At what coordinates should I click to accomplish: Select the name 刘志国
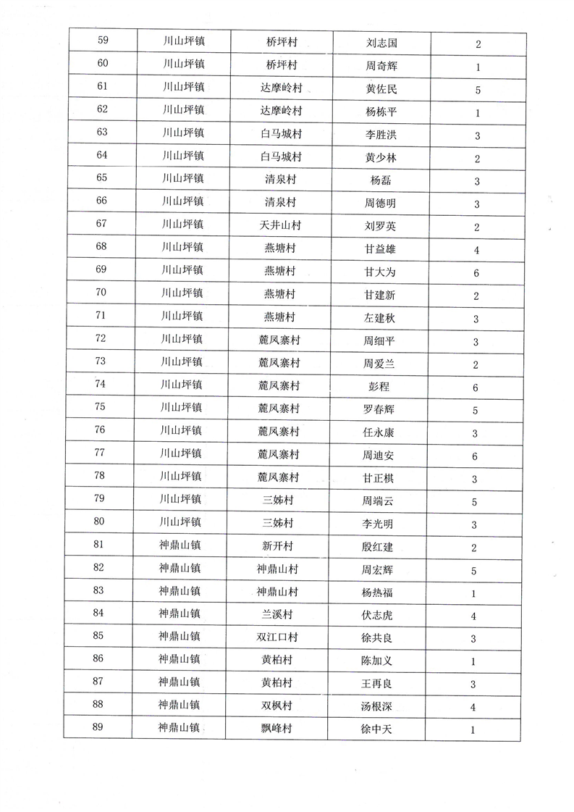coord(381,43)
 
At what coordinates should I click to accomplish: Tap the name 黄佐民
coord(381,89)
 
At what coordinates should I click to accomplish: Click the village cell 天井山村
coord(279,225)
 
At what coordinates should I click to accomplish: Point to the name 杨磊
coord(381,180)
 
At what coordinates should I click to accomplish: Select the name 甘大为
coord(381,271)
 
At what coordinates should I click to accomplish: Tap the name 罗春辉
coord(381,410)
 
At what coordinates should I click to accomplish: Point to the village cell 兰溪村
coord(276,614)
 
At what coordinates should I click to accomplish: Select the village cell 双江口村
coord(276,637)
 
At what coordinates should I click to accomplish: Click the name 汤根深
coord(377,706)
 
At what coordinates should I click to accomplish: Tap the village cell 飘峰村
coord(276,729)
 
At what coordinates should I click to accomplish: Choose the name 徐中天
coord(377,729)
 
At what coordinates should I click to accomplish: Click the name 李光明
coord(381,524)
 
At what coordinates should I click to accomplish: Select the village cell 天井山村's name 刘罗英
coord(381,226)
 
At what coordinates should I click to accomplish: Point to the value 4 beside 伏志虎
coord(473,616)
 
